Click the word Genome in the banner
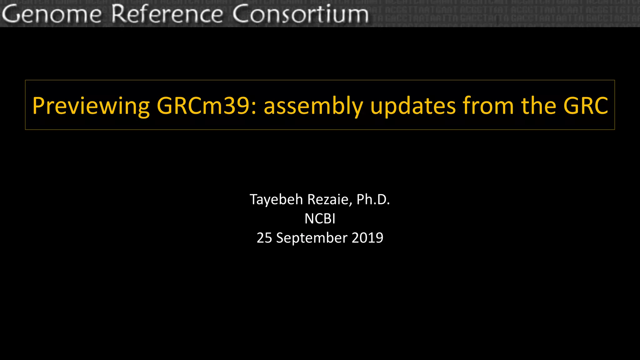(52, 14)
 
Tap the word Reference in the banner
(167, 14)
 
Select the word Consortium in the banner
(300, 14)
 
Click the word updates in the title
(412, 106)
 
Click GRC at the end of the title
(586, 106)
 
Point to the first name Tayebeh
(276, 200)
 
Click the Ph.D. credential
(373, 200)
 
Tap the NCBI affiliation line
(320, 219)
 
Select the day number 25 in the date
(264, 238)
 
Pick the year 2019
(367, 238)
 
